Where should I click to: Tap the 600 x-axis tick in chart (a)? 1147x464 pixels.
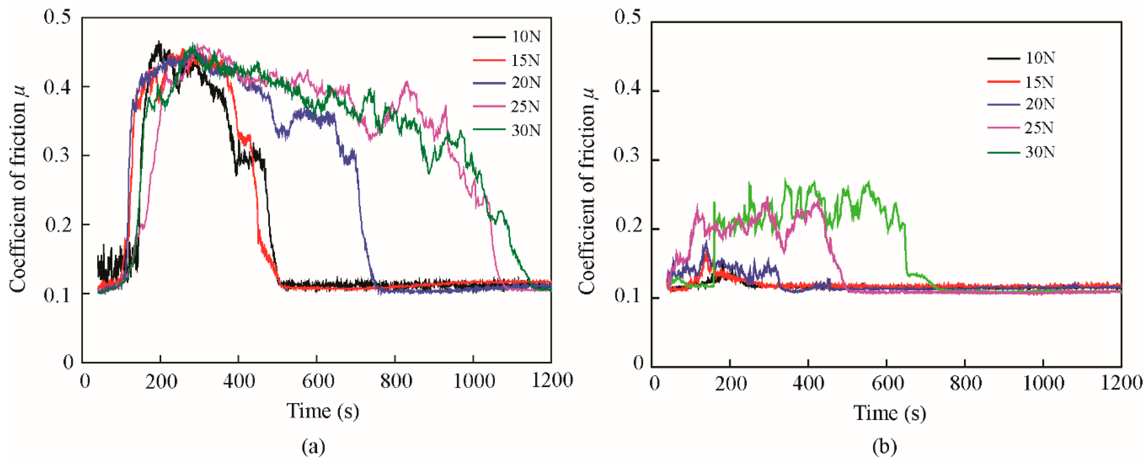point(317,381)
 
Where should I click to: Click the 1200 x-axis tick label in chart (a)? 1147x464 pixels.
point(551,381)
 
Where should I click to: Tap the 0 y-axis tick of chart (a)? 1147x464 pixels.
point(68,362)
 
